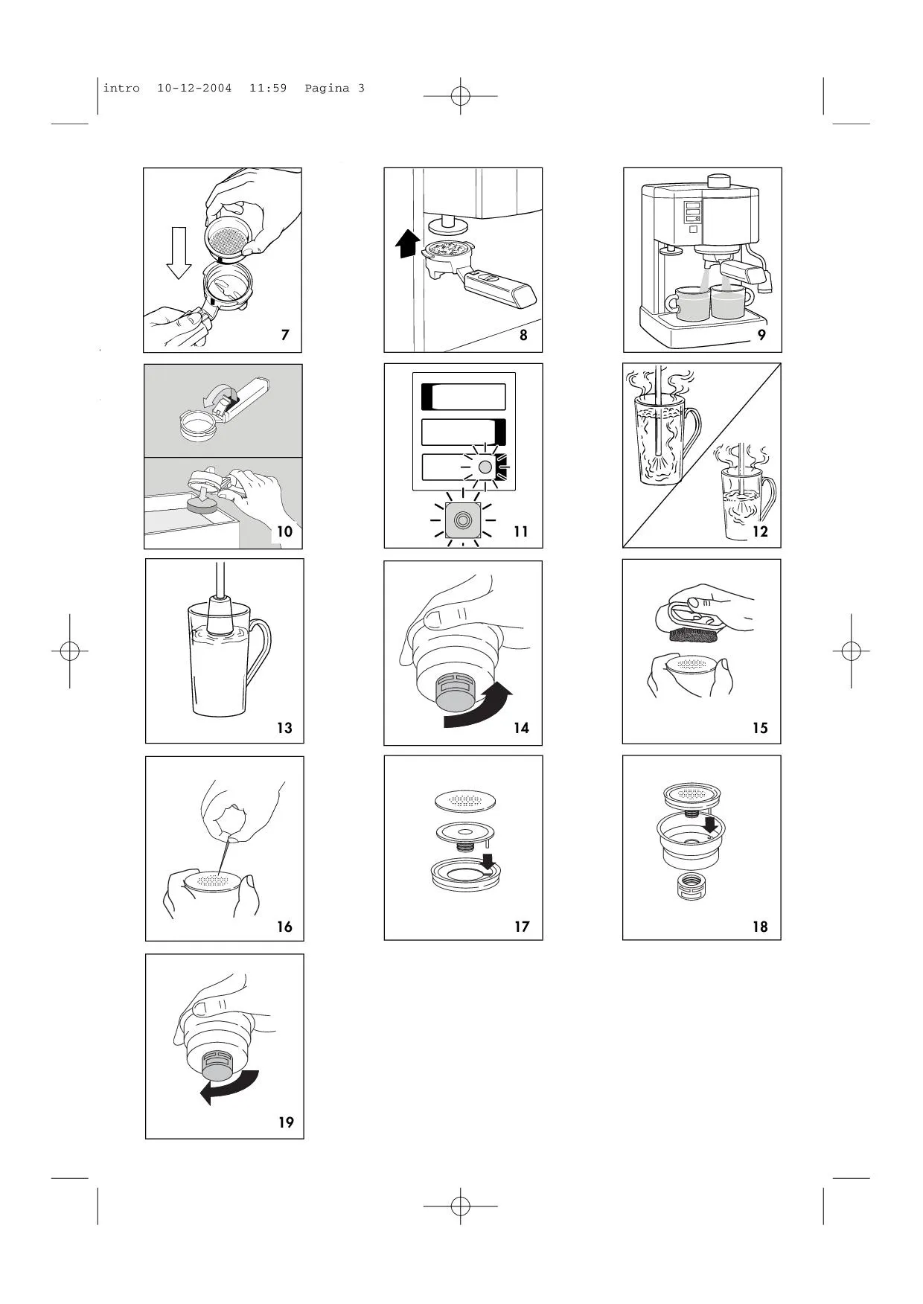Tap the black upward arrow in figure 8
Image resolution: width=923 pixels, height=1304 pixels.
406,243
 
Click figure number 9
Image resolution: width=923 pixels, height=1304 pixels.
761,335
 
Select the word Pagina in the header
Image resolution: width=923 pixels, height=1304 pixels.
327,88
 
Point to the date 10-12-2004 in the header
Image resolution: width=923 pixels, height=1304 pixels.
194,88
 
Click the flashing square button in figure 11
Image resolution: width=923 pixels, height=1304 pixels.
463,519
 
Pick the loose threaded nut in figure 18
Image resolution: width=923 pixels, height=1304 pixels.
690,886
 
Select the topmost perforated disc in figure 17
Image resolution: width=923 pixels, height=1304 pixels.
466,800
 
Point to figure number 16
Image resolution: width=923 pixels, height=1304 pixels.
284,927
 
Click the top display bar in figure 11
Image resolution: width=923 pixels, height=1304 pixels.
463,397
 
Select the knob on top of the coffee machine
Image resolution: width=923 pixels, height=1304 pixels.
719,181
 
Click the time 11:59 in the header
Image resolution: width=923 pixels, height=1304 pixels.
268,88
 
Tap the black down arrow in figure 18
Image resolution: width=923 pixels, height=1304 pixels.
711,825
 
